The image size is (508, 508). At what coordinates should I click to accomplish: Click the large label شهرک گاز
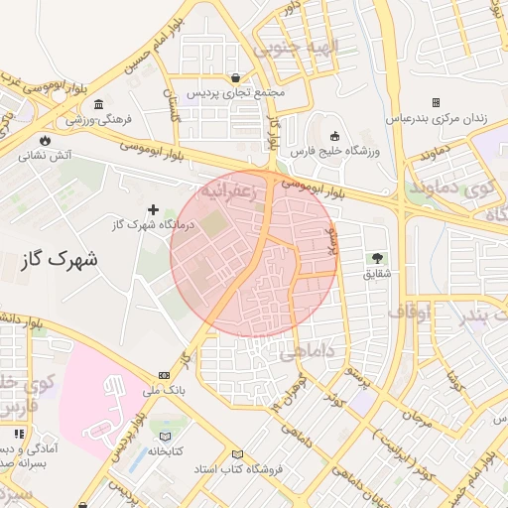click(x=59, y=261)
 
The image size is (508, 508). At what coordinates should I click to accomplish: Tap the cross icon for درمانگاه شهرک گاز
click(x=153, y=209)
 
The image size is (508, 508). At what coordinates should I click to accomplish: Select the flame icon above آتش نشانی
click(x=45, y=139)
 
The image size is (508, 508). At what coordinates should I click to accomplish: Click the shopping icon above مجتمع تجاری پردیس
click(x=234, y=77)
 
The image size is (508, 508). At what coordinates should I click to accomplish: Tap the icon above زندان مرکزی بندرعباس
click(x=436, y=102)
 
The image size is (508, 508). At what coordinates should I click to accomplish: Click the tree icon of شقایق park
click(x=376, y=258)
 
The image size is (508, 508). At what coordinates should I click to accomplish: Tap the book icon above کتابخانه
click(x=165, y=436)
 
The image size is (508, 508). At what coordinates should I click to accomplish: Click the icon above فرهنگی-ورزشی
click(x=99, y=104)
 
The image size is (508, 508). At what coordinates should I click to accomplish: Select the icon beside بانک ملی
click(x=163, y=375)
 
